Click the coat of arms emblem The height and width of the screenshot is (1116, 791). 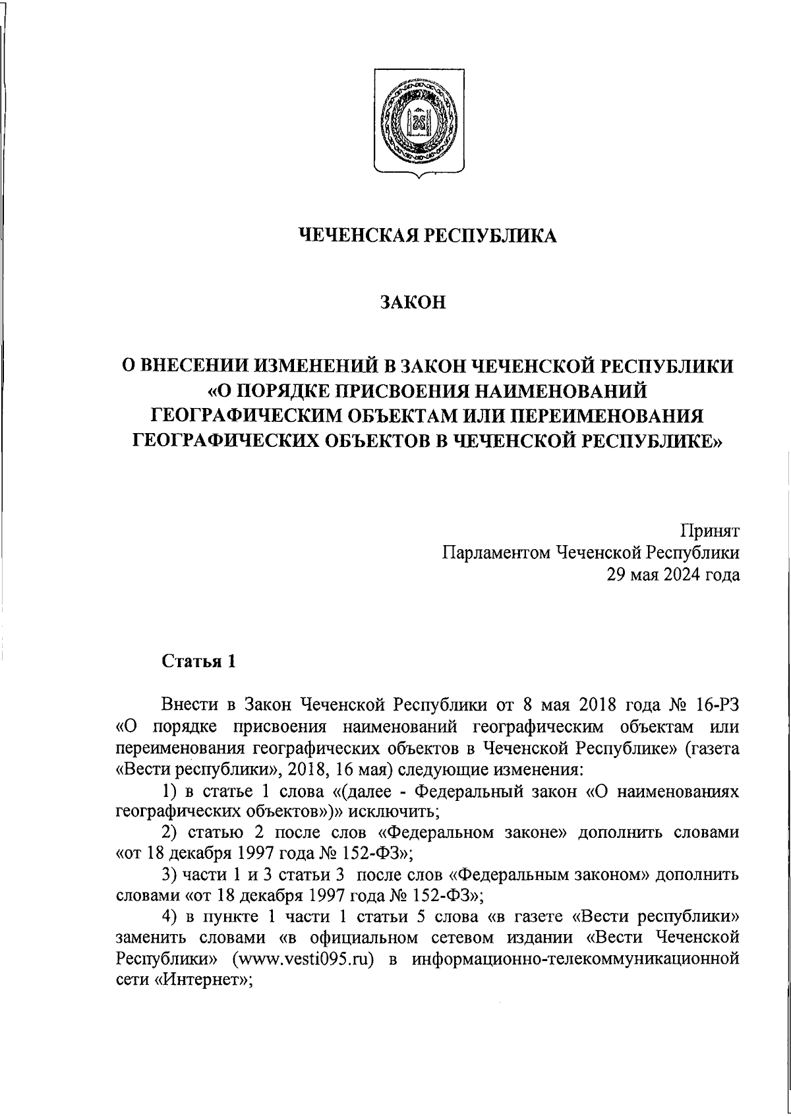(x=417, y=123)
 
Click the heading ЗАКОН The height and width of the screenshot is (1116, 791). (x=413, y=302)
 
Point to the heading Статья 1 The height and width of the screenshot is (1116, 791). (x=198, y=661)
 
